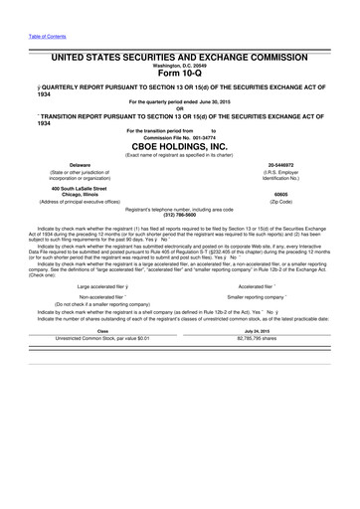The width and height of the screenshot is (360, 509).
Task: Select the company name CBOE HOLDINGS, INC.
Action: point(180,144)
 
